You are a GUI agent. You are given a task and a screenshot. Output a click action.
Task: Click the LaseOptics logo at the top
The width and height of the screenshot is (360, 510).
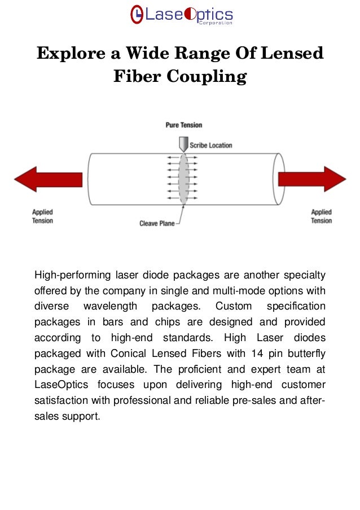tap(181, 15)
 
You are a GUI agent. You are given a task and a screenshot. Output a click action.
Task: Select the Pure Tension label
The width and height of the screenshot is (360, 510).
tap(183, 125)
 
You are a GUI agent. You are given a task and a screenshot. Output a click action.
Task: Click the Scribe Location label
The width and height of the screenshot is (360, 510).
tap(210, 145)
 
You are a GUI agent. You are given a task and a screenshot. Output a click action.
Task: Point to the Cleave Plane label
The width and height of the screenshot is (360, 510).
tap(157, 224)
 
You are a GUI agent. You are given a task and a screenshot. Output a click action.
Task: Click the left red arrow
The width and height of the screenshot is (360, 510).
tap(47, 179)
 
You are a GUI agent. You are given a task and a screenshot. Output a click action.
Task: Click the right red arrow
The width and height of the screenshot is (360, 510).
tap(312, 179)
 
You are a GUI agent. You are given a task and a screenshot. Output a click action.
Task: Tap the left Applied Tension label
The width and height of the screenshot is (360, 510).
tap(42, 216)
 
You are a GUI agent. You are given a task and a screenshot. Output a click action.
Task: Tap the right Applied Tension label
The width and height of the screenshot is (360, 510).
tap(321, 216)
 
